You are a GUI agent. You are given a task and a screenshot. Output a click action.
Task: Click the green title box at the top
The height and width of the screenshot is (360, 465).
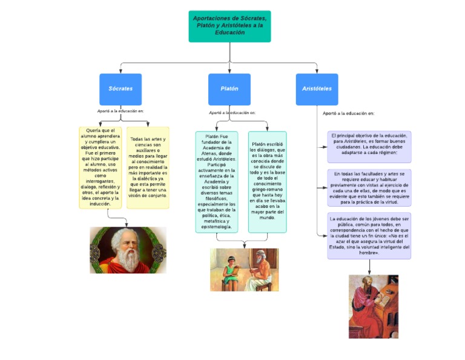[229, 26]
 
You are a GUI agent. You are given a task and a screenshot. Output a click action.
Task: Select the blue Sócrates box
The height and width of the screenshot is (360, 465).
[120, 89]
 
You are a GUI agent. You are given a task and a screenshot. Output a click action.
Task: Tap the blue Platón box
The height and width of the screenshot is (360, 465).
[229, 89]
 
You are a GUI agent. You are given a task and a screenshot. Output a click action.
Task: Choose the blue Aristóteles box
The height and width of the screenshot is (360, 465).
[317, 89]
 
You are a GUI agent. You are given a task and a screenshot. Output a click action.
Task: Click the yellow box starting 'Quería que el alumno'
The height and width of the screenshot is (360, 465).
[100, 167]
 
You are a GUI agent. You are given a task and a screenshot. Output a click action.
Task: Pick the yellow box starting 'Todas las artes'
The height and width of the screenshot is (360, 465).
[148, 167]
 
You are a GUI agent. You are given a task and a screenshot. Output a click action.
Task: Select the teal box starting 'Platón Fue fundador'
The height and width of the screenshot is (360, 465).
[216, 182]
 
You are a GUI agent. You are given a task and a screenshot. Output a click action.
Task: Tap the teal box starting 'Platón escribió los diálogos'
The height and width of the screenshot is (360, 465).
[267, 182]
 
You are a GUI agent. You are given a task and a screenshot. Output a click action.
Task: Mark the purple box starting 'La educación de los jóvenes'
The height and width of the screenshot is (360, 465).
[369, 235]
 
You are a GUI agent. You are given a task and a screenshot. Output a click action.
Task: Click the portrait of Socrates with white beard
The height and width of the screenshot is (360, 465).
[128, 250]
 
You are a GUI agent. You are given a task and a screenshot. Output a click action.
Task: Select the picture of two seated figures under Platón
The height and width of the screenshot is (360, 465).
[244, 269]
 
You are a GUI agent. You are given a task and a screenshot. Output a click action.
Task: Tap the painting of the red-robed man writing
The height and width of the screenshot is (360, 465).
[373, 306]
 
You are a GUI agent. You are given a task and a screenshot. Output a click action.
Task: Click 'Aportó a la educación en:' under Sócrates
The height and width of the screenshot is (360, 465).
[120, 111]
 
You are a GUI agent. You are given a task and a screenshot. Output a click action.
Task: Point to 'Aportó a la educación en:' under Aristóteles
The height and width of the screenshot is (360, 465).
[348, 113]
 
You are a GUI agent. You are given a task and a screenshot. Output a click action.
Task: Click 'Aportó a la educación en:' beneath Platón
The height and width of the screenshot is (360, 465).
[232, 113]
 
